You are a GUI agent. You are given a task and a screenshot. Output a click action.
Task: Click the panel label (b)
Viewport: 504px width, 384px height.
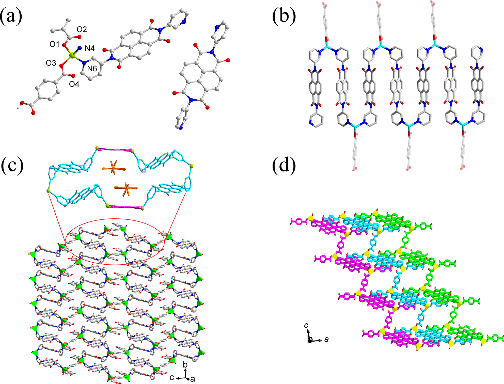click(x=284, y=16)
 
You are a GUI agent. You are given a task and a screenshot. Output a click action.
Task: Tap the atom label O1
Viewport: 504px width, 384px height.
click(x=54, y=44)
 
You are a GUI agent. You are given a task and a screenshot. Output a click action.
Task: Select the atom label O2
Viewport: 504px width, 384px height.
click(x=82, y=29)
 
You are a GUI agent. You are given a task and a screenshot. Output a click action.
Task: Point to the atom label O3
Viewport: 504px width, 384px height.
click(x=51, y=63)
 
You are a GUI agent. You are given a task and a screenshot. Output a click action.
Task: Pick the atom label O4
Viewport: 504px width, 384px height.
click(x=74, y=84)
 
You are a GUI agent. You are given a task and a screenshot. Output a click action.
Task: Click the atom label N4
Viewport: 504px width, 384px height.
click(x=90, y=48)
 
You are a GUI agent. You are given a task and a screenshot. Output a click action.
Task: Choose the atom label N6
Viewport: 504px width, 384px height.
click(x=92, y=69)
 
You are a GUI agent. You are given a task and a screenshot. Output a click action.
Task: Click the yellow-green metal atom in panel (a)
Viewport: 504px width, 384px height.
click(x=72, y=55)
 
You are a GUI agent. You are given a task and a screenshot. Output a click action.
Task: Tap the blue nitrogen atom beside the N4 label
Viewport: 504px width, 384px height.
click(x=80, y=48)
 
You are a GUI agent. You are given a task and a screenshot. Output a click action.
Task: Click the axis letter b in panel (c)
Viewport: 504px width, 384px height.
click(x=185, y=365)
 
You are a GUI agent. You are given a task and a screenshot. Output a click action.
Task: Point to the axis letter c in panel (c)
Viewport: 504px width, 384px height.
click(x=172, y=377)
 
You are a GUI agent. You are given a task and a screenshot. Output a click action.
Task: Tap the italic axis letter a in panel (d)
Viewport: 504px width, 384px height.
click(x=327, y=339)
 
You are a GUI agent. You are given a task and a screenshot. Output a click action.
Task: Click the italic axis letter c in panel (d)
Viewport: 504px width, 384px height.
click(x=306, y=325)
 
